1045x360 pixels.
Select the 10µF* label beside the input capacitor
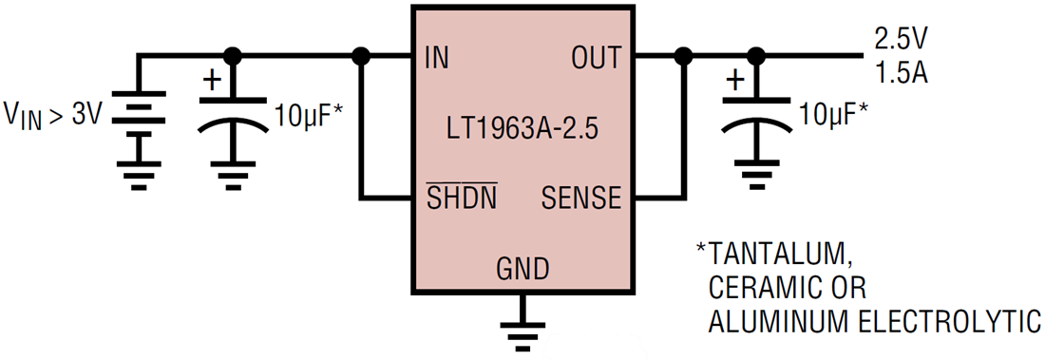[308, 117]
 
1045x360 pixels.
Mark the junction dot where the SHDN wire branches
[360, 57]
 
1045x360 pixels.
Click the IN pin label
[438, 58]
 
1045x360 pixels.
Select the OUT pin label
[596, 58]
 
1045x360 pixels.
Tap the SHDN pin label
[461, 199]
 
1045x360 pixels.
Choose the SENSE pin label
[580, 199]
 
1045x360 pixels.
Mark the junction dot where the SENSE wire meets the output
[681, 57]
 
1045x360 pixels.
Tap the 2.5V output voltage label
[902, 41]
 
